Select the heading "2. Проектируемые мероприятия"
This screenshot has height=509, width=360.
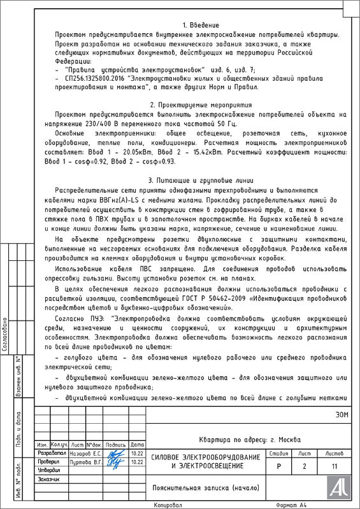click(201, 104)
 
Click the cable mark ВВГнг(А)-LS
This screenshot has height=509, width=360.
click(116, 199)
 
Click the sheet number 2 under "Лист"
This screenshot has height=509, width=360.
click(304, 466)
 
